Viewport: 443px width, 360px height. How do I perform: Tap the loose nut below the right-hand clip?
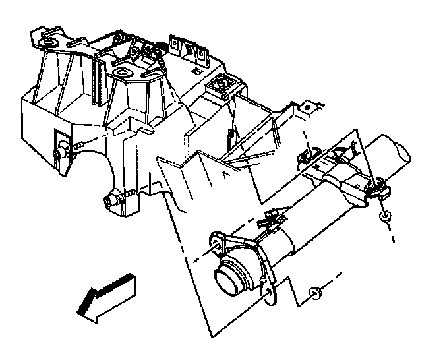384,216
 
